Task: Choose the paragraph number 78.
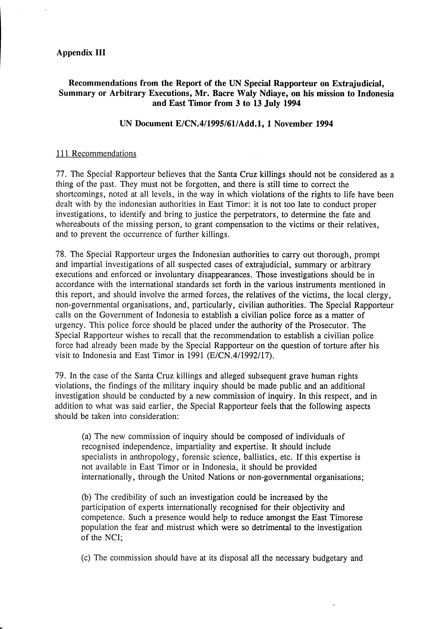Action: coord(61,255)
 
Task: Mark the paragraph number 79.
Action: coord(61,376)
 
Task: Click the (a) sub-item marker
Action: coord(86,436)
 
